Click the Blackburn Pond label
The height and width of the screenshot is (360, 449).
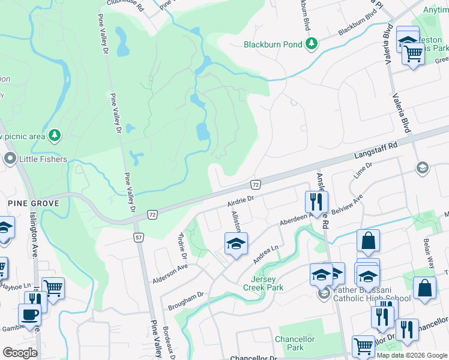pos(273,44)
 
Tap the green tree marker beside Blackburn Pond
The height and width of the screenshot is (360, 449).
pos(311,43)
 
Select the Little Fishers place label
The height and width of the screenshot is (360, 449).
pos(43,159)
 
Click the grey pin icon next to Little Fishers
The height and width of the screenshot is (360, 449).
pos(10,159)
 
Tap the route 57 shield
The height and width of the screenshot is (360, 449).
pos(138,238)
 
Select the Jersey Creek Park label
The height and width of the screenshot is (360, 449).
pos(264,283)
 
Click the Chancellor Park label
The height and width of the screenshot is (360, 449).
pos(295,343)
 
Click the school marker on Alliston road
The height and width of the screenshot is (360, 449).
pos(236,244)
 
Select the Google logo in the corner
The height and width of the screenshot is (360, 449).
pos(20,353)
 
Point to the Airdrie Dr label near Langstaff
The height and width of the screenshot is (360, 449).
pos(241,197)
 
